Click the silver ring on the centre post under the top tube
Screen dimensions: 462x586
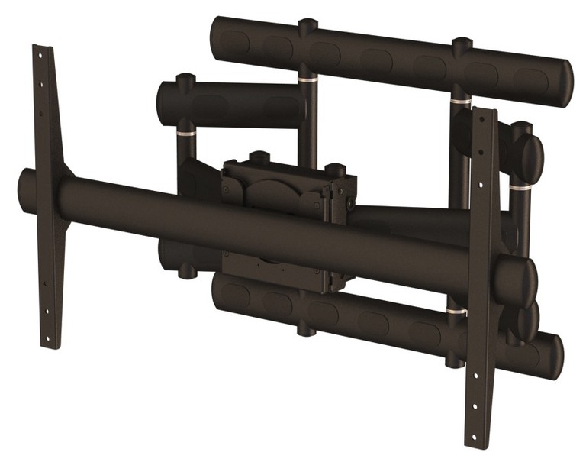307,79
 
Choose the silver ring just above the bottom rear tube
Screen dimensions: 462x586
456,312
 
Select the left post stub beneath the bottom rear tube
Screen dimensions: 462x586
305,329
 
